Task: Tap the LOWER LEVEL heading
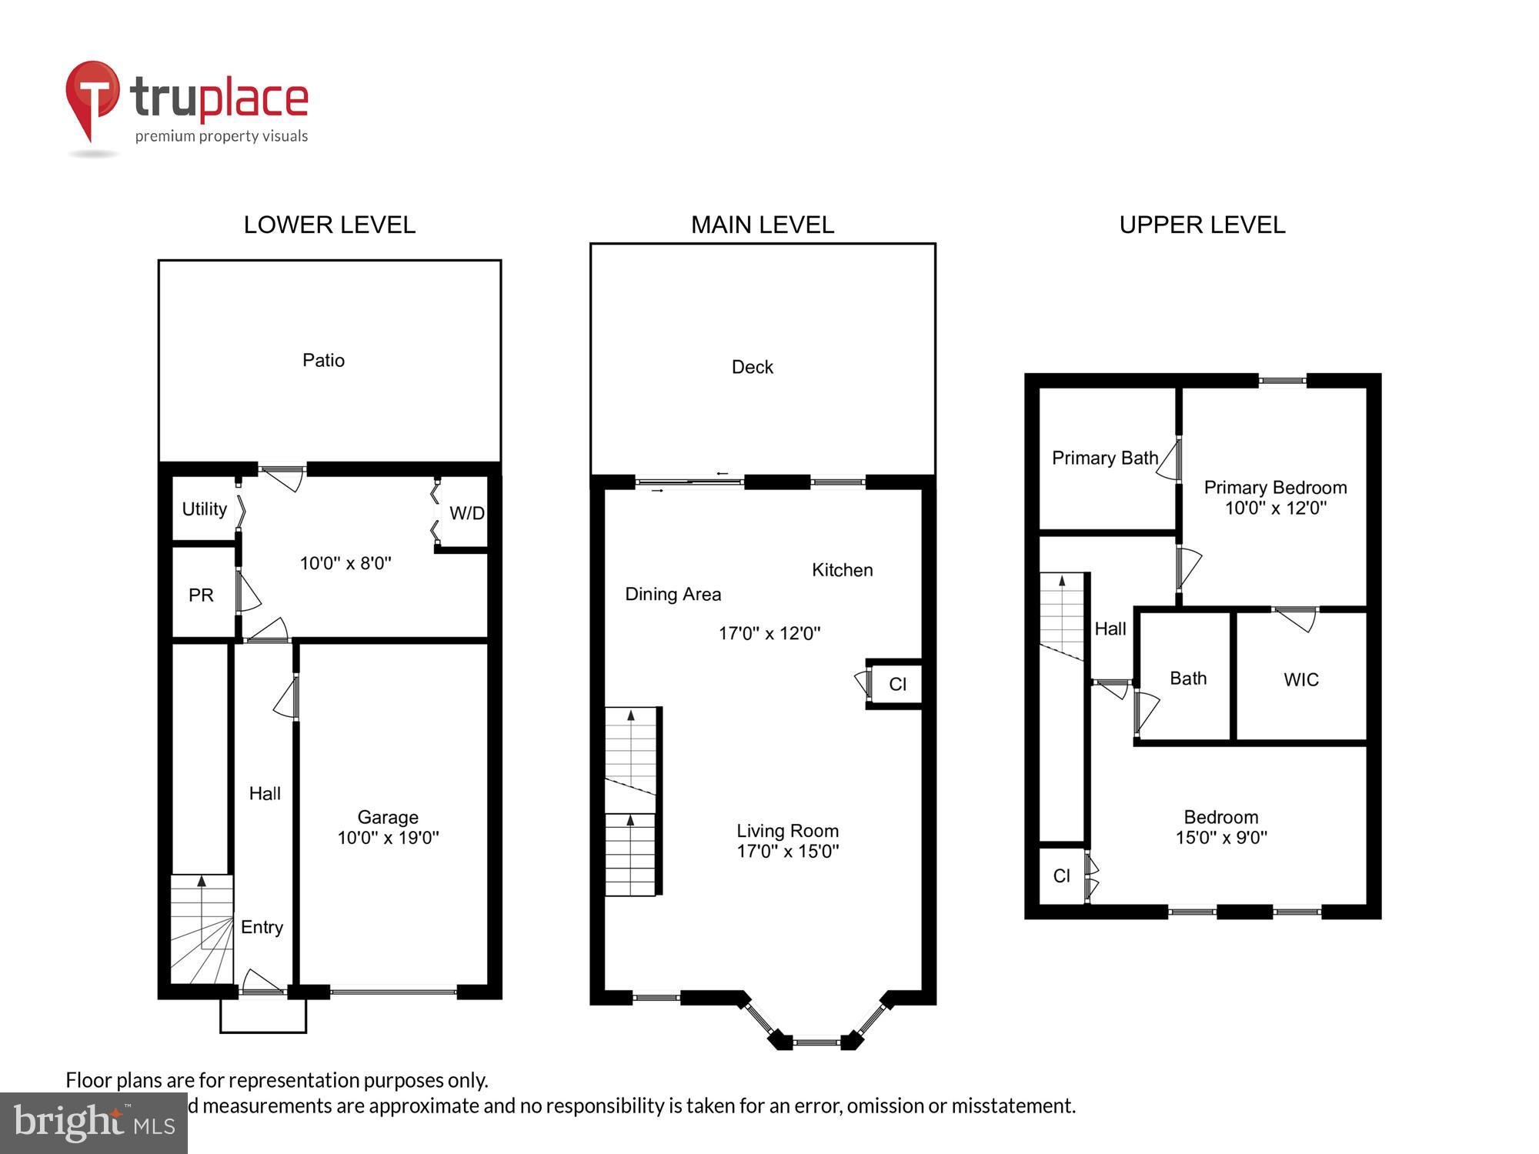coord(329,225)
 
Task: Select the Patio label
coord(323,360)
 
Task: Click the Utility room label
coord(204,509)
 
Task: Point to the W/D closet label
coord(466,513)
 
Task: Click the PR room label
coord(201,595)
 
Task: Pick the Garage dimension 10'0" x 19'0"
coord(388,838)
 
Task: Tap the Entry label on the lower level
coord(262,927)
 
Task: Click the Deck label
coord(752,367)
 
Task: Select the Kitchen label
coord(842,570)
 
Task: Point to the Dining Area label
coord(673,594)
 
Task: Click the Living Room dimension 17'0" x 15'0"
coord(787,851)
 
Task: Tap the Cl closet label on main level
coord(897,684)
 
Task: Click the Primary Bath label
coord(1104,459)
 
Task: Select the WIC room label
coord(1300,679)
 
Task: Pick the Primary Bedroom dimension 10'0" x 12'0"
coord(1275,508)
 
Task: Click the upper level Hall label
coord(1110,629)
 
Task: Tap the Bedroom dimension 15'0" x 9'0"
coord(1220,838)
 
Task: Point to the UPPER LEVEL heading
coord(1202,225)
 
